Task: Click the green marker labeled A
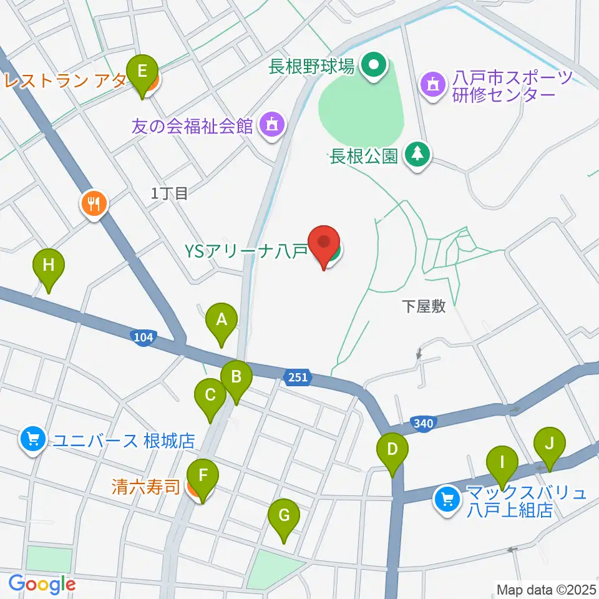(x=221, y=321)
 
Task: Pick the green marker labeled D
(x=392, y=450)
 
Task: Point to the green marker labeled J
(x=549, y=444)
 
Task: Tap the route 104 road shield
(x=143, y=338)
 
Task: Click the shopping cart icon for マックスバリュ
(x=447, y=499)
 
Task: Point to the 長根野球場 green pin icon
(x=374, y=64)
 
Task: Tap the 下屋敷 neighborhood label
(x=423, y=306)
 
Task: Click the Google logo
(x=41, y=583)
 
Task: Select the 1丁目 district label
(x=169, y=193)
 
